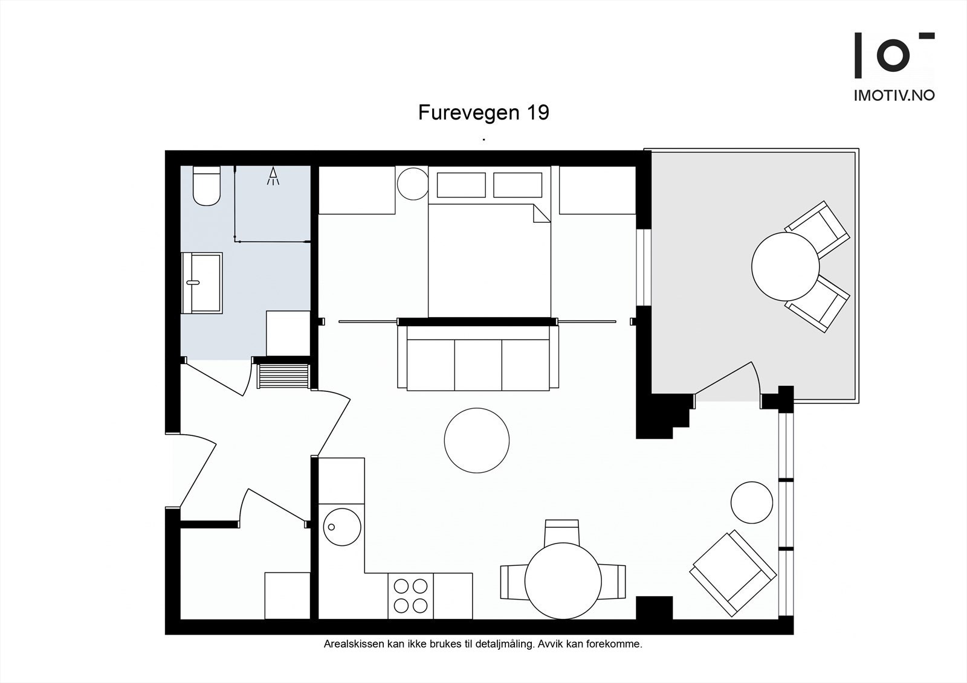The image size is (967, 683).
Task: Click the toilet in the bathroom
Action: coord(206,186)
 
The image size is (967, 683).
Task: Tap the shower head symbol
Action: coord(273,176)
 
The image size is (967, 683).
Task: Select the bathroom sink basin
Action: coord(202,282)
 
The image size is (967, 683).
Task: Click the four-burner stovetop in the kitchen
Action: coord(411,595)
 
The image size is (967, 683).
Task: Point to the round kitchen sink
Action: coord(342,527)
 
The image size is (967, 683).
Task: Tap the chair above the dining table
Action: coord(562,531)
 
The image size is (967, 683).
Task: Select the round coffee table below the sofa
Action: coord(476,441)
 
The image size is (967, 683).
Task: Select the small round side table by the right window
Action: coord(752,502)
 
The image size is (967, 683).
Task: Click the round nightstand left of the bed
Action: coord(413,183)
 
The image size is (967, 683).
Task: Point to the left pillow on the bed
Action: coord(461,185)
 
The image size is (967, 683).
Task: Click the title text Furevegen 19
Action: coord(483,113)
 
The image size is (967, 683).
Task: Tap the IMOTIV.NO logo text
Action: coord(894,95)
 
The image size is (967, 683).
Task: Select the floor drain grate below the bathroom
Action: coord(283,375)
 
